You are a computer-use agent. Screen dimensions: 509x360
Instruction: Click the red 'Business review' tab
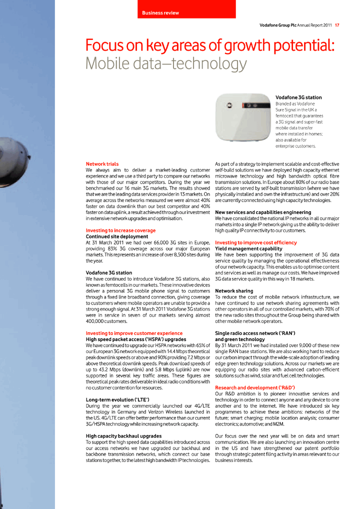click(186, 10)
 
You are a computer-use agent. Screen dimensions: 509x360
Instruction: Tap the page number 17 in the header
click(337, 25)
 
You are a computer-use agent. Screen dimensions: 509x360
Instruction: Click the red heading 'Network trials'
click(102, 164)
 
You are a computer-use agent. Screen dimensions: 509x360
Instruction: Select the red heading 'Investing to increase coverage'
click(120, 230)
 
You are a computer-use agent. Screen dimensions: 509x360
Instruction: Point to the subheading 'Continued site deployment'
click(117, 236)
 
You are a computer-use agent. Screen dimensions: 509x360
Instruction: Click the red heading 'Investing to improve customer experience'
click(134, 333)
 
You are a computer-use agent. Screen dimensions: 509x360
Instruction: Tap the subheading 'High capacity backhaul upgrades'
click(123, 436)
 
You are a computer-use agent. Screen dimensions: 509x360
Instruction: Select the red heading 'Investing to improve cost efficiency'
click(256, 242)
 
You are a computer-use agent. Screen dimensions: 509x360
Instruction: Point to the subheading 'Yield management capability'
click(248, 248)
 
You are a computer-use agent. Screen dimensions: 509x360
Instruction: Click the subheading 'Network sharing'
click(234, 291)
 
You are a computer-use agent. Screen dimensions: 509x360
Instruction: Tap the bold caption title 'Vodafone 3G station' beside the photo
click(298, 97)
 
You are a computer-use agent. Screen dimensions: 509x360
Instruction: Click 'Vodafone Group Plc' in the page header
click(277, 25)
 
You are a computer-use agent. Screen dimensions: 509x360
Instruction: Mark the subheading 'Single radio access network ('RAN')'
click(255, 333)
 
